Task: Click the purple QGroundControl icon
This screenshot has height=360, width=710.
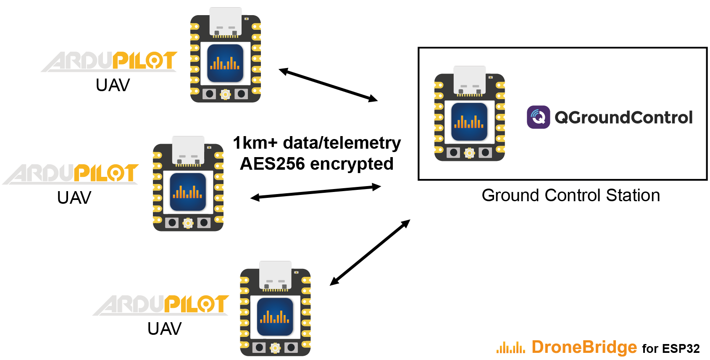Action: (538, 117)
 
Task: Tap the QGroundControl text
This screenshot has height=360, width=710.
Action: (623, 118)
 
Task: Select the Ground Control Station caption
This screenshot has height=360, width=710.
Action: (571, 195)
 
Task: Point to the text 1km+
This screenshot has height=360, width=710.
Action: (255, 143)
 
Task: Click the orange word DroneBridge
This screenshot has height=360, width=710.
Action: (584, 347)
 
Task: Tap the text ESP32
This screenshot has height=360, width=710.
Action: (681, 349)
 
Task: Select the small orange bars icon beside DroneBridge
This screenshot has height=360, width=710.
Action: (510, 348)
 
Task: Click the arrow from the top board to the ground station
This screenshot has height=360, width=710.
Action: (328, 85)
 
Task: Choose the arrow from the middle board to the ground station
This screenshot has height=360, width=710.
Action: (316, 192)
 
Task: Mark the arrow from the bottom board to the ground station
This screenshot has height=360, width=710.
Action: (370, 252)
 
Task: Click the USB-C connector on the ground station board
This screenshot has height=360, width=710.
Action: (469, 80)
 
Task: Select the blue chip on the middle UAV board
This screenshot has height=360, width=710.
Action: (188, 192)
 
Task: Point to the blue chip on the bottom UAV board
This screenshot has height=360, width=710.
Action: (275, 317)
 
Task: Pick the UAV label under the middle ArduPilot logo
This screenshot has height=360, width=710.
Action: (74, 198)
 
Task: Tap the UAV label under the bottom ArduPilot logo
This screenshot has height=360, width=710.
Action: (164, 329)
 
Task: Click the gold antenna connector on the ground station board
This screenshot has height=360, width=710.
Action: (469, 153)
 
